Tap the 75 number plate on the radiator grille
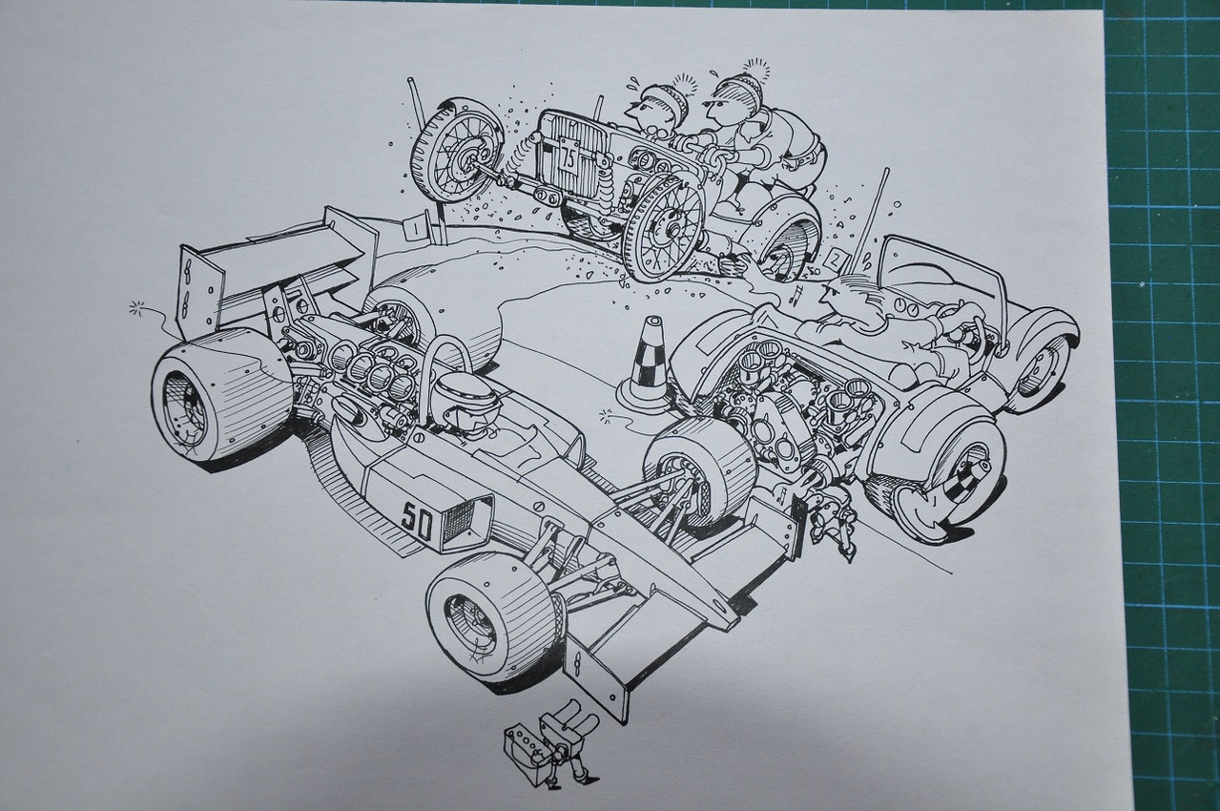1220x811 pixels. pos(568,158)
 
